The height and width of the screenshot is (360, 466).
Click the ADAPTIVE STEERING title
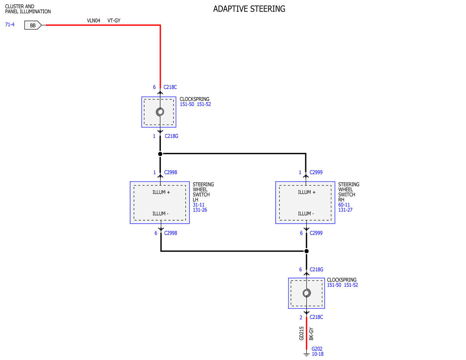(249, 9)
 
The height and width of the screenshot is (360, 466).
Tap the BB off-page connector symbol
(33, 25)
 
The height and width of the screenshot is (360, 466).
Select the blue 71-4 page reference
(10, 24)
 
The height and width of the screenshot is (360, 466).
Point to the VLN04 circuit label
(94, 21)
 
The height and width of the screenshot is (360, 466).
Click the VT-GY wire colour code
(114, 21)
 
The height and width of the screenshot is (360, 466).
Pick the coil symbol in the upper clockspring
(160, 112)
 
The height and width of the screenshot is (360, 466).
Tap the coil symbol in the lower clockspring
(306, 293)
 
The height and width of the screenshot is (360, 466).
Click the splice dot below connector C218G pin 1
(160, 154)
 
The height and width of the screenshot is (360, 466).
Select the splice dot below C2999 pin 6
(306, 251)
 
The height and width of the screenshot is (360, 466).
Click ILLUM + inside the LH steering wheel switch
(161, 192)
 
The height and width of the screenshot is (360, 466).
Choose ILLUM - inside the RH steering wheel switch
(306, 214)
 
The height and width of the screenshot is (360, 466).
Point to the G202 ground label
(317, 349)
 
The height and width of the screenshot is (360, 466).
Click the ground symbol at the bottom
(306, 354)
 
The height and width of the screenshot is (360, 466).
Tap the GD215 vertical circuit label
(301, 334)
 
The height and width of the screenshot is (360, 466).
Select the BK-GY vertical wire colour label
(311, 334)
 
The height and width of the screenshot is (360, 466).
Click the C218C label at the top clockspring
(170, 87)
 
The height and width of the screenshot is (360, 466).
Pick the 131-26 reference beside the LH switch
(200, 210)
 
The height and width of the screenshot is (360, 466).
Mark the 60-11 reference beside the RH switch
(344, 205)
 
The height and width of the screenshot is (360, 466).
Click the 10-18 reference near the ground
(317, 354)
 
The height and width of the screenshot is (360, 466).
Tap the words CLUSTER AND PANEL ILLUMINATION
(28, 9)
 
